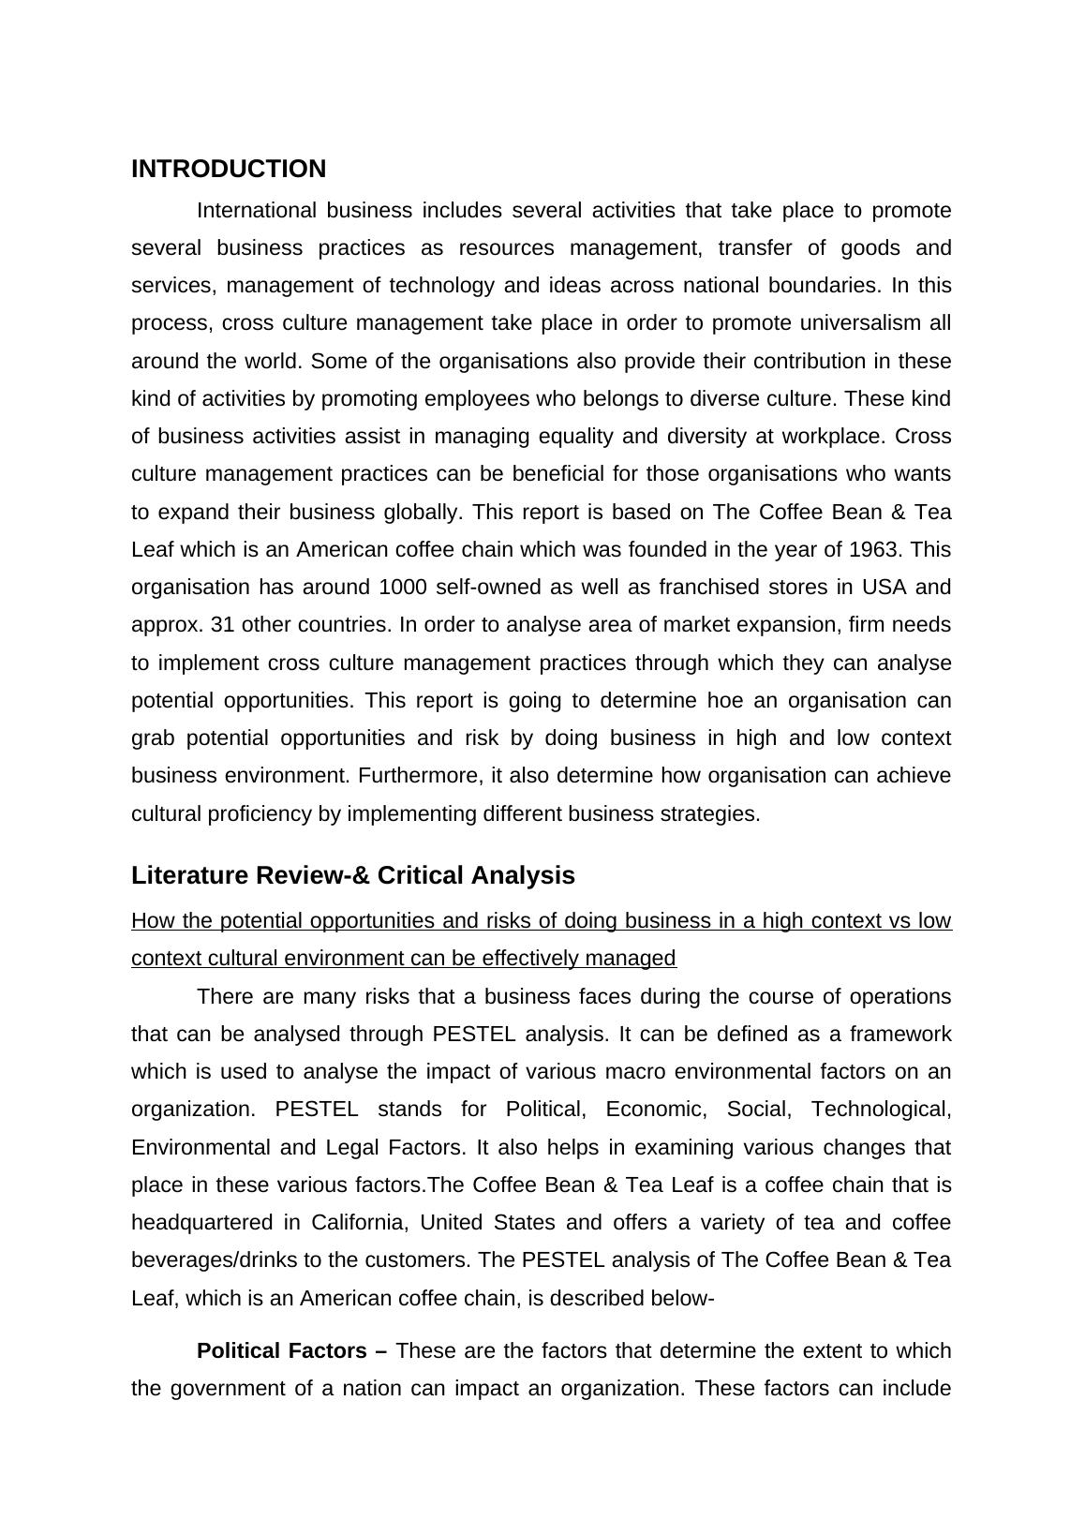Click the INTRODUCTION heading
pos(229,170)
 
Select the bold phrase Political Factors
pos(281,1351)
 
